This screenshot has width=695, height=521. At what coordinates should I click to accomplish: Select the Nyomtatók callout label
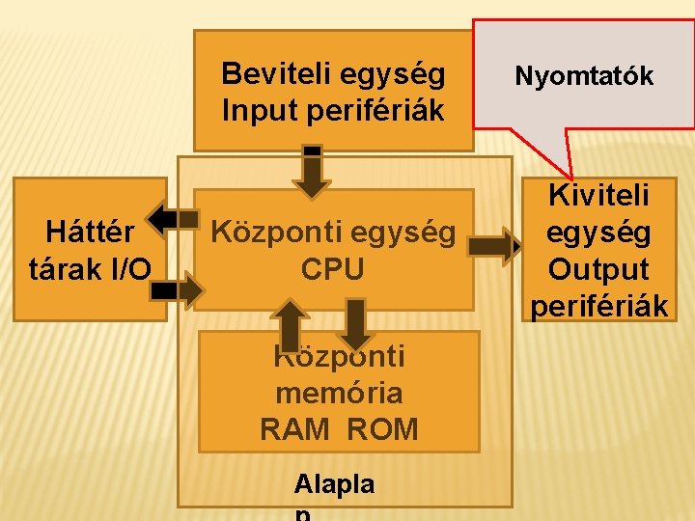[584, 75]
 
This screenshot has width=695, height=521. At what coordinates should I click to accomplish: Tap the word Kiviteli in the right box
[598, 196]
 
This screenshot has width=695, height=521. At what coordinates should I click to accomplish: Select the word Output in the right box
[598, 269]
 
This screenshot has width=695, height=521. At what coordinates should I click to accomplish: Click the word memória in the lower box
[339, 393]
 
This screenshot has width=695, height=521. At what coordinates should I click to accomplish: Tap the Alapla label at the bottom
[334, 483]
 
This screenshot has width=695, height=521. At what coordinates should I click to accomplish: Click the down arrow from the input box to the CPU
[312, 172]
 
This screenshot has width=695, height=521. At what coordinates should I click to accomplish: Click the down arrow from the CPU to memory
[356, 323]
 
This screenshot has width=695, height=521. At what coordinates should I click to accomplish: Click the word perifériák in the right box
[598, 306]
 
